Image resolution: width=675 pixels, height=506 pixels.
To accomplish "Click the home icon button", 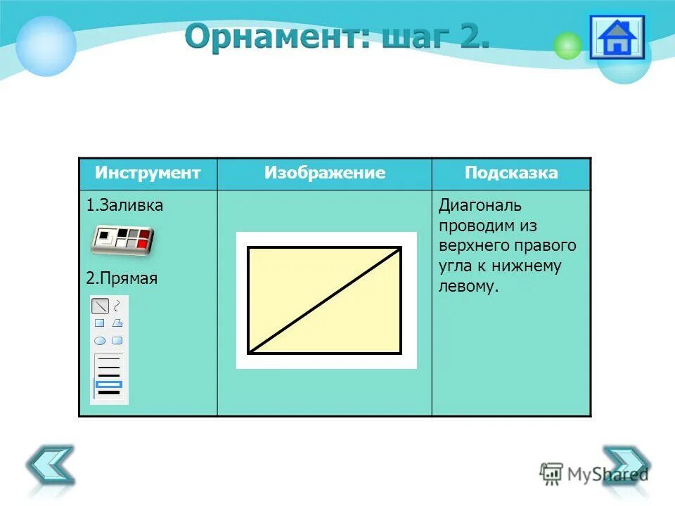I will point(616,37).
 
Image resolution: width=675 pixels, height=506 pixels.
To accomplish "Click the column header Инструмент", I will point(148,173).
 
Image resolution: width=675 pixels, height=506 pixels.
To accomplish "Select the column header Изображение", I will point(325,173).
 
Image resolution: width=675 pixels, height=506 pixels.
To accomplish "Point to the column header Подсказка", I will point(511,173).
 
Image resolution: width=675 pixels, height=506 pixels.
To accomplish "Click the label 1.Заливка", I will point(124,206).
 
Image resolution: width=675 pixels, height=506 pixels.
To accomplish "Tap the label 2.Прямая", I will point(122,278).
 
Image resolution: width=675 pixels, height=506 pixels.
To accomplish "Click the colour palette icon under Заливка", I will point(123,240).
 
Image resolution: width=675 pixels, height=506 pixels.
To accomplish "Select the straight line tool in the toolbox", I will point(101,306).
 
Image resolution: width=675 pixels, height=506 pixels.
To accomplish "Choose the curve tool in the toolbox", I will point(117,305).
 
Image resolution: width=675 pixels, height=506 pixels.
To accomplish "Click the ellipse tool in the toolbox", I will point(100,340).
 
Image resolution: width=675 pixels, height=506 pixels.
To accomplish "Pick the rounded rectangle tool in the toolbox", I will point(117,340).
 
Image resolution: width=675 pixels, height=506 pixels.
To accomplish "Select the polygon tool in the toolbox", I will point(117,323).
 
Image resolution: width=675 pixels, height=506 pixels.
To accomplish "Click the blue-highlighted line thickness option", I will point(109,384).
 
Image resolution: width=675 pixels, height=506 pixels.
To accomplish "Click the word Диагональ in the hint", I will point(480,206).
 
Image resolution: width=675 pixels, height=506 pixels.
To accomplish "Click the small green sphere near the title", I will point(567,46).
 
